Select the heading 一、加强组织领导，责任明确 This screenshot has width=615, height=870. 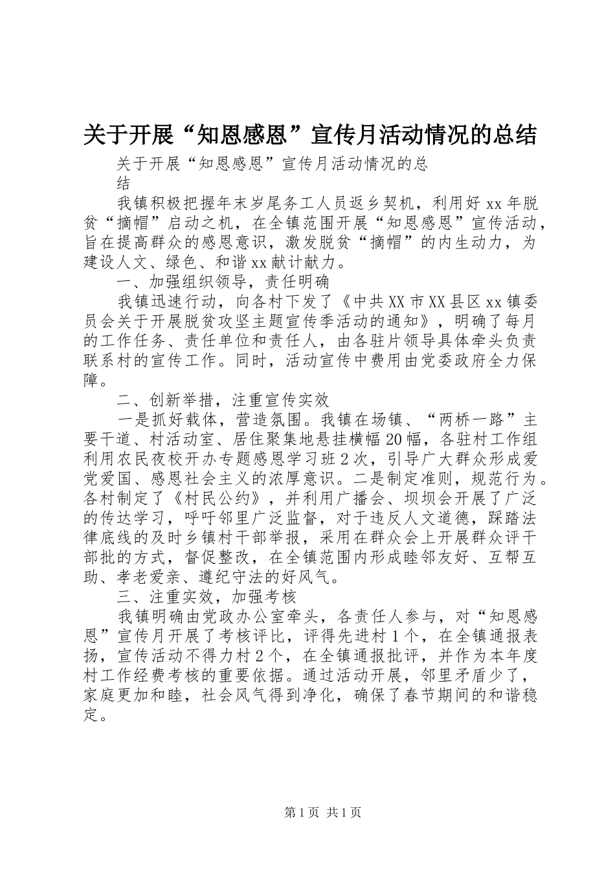223,282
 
